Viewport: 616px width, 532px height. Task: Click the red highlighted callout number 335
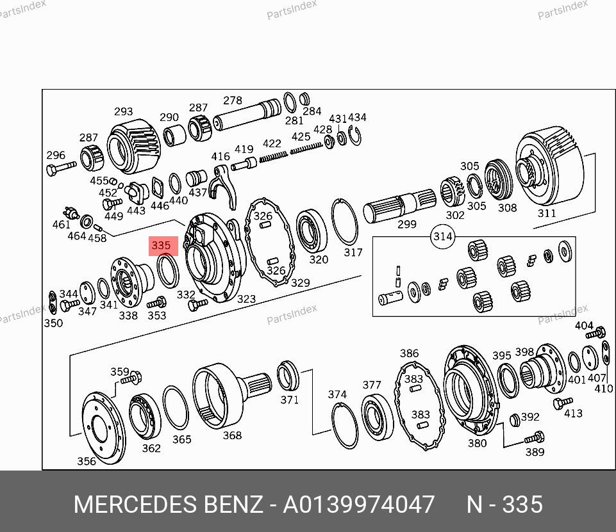coord(161,246)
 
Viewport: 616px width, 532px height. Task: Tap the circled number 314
coord(443,237)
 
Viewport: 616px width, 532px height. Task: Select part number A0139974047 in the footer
coord(359,504)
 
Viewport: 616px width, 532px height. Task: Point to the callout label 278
coord(233,101)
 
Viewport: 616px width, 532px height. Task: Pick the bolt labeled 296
coord(62,169)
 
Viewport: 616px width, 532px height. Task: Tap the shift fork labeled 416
coord(224,186)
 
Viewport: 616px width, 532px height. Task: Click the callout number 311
coord(547,213)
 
